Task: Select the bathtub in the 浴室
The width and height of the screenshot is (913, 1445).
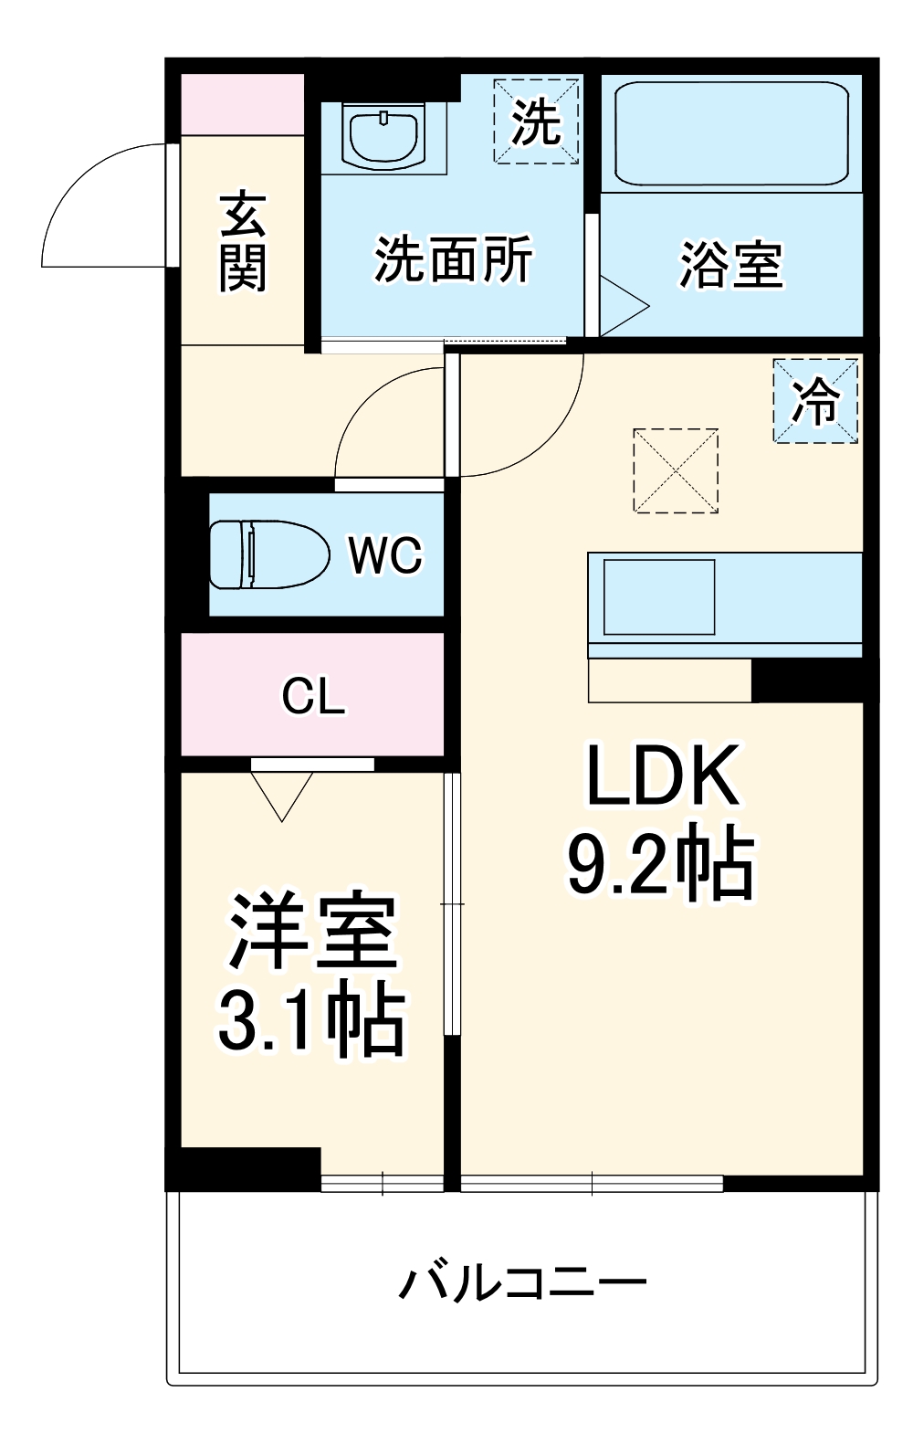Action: (731, 133)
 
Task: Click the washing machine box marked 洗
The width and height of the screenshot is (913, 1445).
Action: (537, 121)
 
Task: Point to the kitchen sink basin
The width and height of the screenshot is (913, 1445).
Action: (659, 596)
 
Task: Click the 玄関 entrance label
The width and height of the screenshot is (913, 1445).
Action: (243, 241)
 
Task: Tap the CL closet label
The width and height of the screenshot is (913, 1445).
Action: (313, 697)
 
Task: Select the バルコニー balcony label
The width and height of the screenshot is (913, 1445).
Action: (522, 1283)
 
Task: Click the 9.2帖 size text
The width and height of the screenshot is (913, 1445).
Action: (662, 863)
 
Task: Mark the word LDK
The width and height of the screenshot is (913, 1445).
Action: (662, 776)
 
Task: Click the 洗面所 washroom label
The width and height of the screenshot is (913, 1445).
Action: (453, 259)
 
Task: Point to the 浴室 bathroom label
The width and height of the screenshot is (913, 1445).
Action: (731, 265)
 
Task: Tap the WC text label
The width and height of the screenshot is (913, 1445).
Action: (386, 554)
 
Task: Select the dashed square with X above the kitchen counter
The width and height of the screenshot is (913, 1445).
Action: (676, 470)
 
